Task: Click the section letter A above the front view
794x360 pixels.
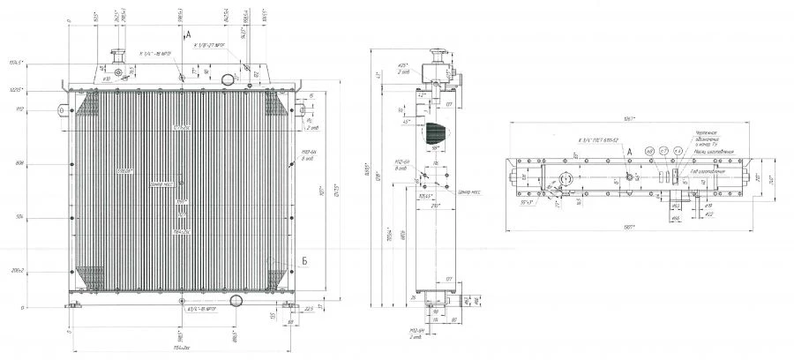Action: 189,33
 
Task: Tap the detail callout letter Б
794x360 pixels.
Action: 279,262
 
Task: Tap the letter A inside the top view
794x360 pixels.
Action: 629,151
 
